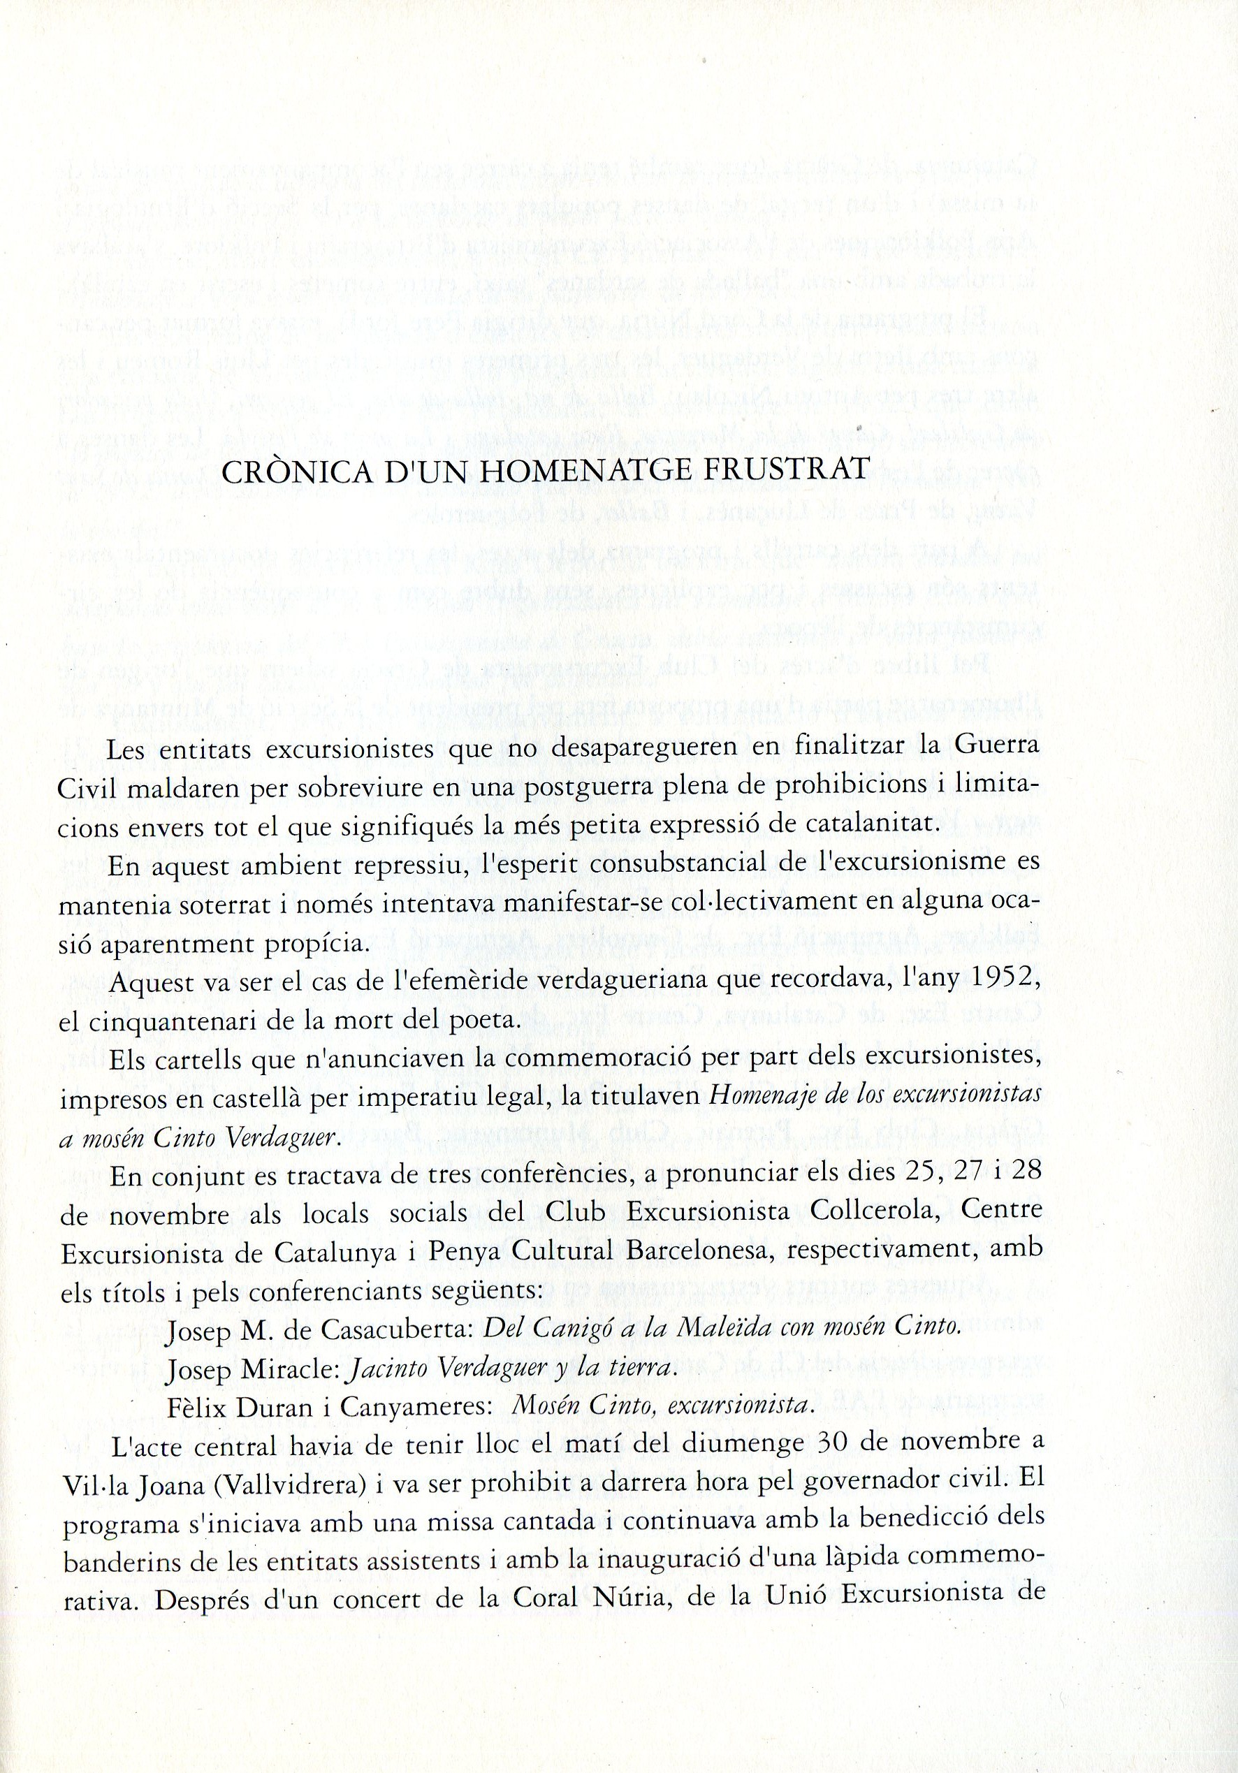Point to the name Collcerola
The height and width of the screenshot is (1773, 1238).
click(x=877, y=1212)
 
